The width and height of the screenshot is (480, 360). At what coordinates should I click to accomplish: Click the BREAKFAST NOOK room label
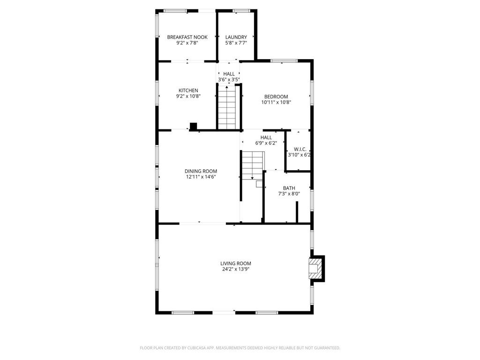187,37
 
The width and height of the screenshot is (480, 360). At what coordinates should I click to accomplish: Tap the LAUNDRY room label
236,37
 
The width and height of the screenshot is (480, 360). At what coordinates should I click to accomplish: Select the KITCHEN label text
188,90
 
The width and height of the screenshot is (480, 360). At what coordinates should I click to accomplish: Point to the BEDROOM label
276,97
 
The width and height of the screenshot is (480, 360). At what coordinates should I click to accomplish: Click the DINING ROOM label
201,171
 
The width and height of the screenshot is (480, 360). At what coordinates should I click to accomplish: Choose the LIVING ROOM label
236,263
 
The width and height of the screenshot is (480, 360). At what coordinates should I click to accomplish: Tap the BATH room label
289,188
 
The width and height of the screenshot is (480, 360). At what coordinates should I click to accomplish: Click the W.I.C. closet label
300,149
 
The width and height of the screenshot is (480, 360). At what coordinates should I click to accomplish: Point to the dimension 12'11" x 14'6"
201,177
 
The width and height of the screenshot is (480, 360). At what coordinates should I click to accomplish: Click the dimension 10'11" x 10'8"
276,102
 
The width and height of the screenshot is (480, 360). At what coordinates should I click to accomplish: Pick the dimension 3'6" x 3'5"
229,80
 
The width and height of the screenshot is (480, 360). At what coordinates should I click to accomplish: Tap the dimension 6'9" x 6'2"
266,143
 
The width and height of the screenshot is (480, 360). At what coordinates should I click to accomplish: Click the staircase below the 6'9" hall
253,165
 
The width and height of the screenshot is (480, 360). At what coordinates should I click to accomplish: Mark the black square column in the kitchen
193,126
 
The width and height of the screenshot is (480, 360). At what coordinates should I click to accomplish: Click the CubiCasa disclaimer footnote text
240,348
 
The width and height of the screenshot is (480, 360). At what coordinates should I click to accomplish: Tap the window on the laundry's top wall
241,11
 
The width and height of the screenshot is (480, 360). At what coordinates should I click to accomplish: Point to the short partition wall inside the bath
297,212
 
